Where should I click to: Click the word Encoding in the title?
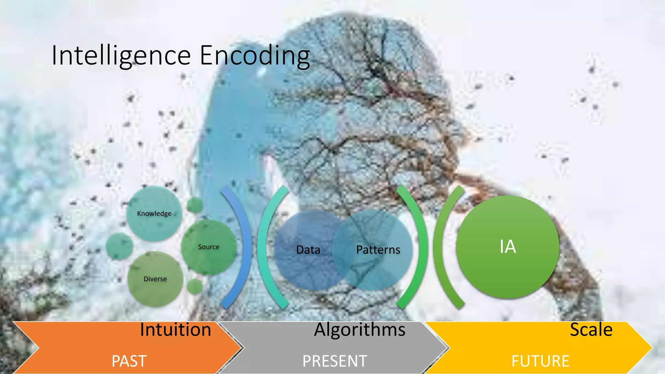pyautogui.click(x=255, y=56)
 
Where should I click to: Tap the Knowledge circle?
pyautogui.click(x=154, y=213)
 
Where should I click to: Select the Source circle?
pyautogui.click(x=209, y=247)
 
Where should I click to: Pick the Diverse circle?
pyautogui.click(x=155, y=279)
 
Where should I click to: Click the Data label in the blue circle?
pyautogui.click(x=308, y=250)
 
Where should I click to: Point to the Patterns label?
pyautogui.click(x=378, y=250)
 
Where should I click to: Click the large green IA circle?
pyautogui.click(x=508, y=247)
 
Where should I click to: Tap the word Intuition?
pyautogui.click(x=175, y=330)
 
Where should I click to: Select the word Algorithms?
pyautogui.click(x=359, y=330)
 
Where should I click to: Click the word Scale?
pyautogui.click(x=591, y=330)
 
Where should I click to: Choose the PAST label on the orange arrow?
pyautogui.click(x=129, y=361)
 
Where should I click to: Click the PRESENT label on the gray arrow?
pyautogui.click(x=335, y=361)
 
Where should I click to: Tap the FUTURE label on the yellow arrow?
pyautogui.click(x=540, y=361)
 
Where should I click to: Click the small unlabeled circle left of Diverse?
pyautogui.click(x=119, y=246)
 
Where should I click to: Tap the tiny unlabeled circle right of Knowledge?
pyautogui.click(x=195, y=205)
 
